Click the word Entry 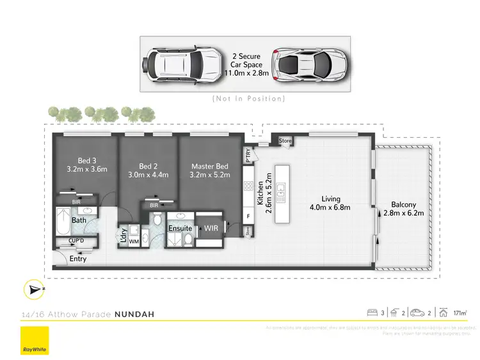[x=78, y=259]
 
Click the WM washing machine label [x=134, y=241]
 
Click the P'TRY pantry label [x=248, y=155]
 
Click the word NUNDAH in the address [x=134, y=315]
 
